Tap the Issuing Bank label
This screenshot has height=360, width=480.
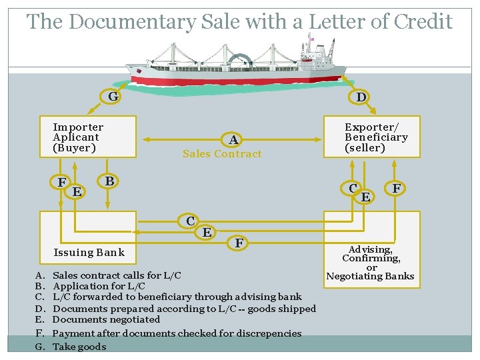click(89, 252)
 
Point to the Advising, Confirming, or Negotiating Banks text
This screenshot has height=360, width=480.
click(371, 263)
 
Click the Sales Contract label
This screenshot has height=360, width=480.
click(222, 154)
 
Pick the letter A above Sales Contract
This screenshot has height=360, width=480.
click(233, 140)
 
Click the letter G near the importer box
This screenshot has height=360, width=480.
click(113, 97)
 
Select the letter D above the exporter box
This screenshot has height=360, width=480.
click(361, 97)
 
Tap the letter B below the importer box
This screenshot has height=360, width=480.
click(109, 181)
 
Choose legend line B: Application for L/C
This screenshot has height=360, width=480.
click(99, 286)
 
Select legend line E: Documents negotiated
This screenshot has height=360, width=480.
click(106, 319)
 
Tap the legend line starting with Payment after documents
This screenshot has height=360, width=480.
click(177, 333)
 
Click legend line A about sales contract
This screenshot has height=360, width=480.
click(116, 275)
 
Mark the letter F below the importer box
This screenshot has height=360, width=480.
click(61, 183)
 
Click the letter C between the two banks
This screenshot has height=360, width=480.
click(191, 221)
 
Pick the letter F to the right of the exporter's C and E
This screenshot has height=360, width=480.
click(397, 189)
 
